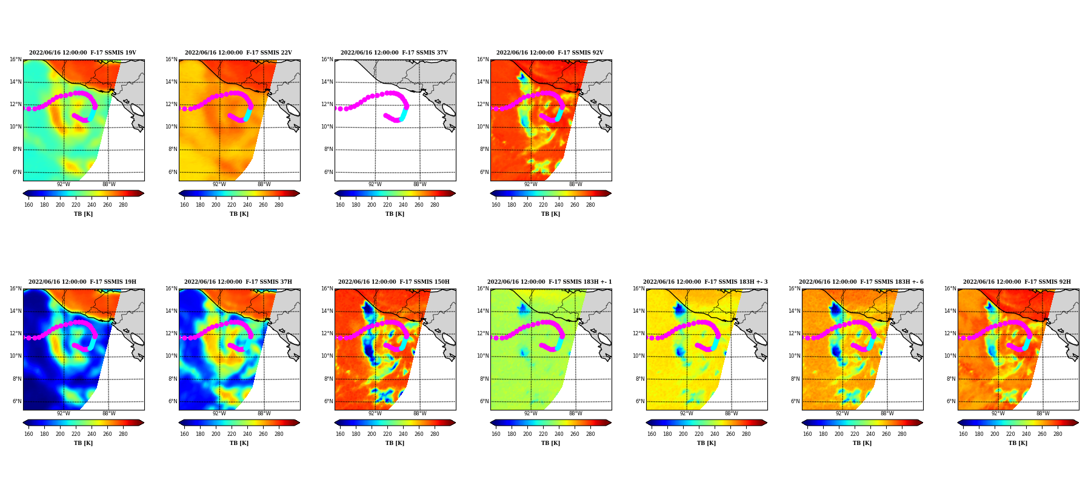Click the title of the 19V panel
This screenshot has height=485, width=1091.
(82, 53)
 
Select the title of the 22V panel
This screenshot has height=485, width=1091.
(238, 53)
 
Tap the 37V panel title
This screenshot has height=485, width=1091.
(394, 53)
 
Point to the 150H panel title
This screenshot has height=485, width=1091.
(394, 282)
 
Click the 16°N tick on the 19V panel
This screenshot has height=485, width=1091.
(15, 59)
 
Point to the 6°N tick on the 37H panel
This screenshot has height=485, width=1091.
(173, 401)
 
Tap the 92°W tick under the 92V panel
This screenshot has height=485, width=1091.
(530, 184)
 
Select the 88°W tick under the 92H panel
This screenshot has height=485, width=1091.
(1043, 413)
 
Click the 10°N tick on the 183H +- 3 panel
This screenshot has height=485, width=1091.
(638, 356)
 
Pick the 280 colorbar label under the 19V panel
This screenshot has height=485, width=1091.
(123, 205)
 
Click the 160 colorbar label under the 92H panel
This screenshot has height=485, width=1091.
(963, 434)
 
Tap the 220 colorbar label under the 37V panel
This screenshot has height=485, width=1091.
(387, 205)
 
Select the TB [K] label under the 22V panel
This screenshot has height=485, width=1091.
(239, 214)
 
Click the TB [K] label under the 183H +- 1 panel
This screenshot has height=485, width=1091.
(550, 443)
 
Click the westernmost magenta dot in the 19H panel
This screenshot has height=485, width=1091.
(28, 338)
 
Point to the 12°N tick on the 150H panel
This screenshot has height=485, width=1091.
(327, 333)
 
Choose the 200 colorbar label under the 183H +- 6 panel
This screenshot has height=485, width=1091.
(839, 434)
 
